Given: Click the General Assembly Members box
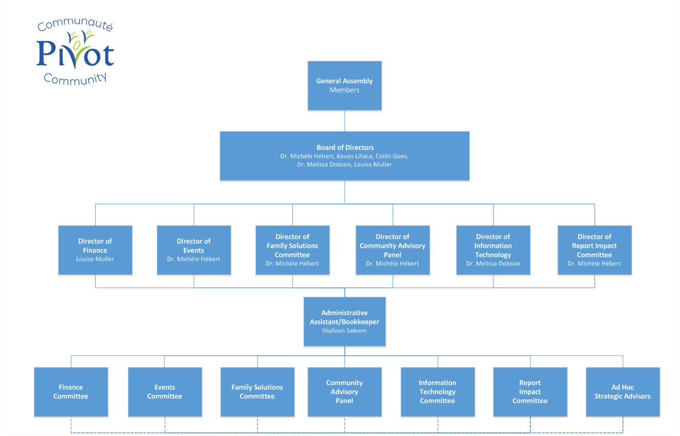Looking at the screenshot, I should click(344, 85).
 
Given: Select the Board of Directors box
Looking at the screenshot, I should click(344, 156).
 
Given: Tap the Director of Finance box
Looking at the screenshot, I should click(95, 250).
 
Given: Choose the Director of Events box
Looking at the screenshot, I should click(194, 250).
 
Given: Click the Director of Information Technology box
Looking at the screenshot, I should click(493, 250).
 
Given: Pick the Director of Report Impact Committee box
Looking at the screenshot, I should click(594, 250).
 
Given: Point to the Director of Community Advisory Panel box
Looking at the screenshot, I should click(393, 250).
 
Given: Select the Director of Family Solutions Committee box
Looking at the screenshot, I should click(292, 250).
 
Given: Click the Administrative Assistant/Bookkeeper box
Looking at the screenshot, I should click(344, 321).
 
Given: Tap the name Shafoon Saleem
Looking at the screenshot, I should click(344, 331).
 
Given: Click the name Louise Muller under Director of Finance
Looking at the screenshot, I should click(95, 259).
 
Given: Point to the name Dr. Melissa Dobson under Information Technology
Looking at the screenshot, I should click(493, 264).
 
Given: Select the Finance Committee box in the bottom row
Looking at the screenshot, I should click(71, 392).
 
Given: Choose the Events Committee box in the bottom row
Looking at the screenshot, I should click(164, 392).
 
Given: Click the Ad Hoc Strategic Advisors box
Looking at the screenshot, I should click(622, 392).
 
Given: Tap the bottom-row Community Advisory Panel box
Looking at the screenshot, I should click(344, 392).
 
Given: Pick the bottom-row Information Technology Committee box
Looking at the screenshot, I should click(437, 392).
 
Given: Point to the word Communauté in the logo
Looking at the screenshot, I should click(75, 25).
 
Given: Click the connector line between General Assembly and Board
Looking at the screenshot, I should click(344, 121).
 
